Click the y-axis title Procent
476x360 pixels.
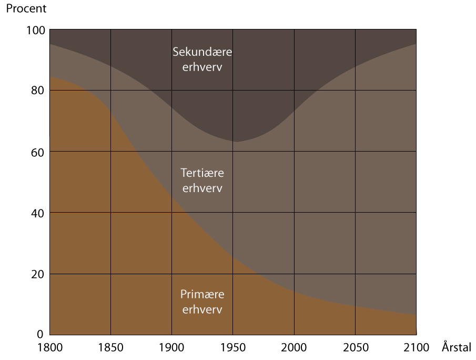coord(26,9)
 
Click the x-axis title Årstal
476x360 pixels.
coord(457,347)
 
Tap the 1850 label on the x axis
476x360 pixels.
coord(110,347)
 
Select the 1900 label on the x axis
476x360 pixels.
coord(171,347)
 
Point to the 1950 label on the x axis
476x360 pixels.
coord(232,347)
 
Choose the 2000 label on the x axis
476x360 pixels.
coord(293,347)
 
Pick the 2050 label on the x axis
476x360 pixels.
coord(355,347)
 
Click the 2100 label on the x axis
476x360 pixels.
coord(416,347)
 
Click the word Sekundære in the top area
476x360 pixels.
coord(202,52)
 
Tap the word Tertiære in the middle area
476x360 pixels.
coord(202,173)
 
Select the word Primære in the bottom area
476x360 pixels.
coord(202,294)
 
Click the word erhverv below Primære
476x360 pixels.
coord(202,309)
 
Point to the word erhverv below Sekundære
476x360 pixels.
coord(202,68)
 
